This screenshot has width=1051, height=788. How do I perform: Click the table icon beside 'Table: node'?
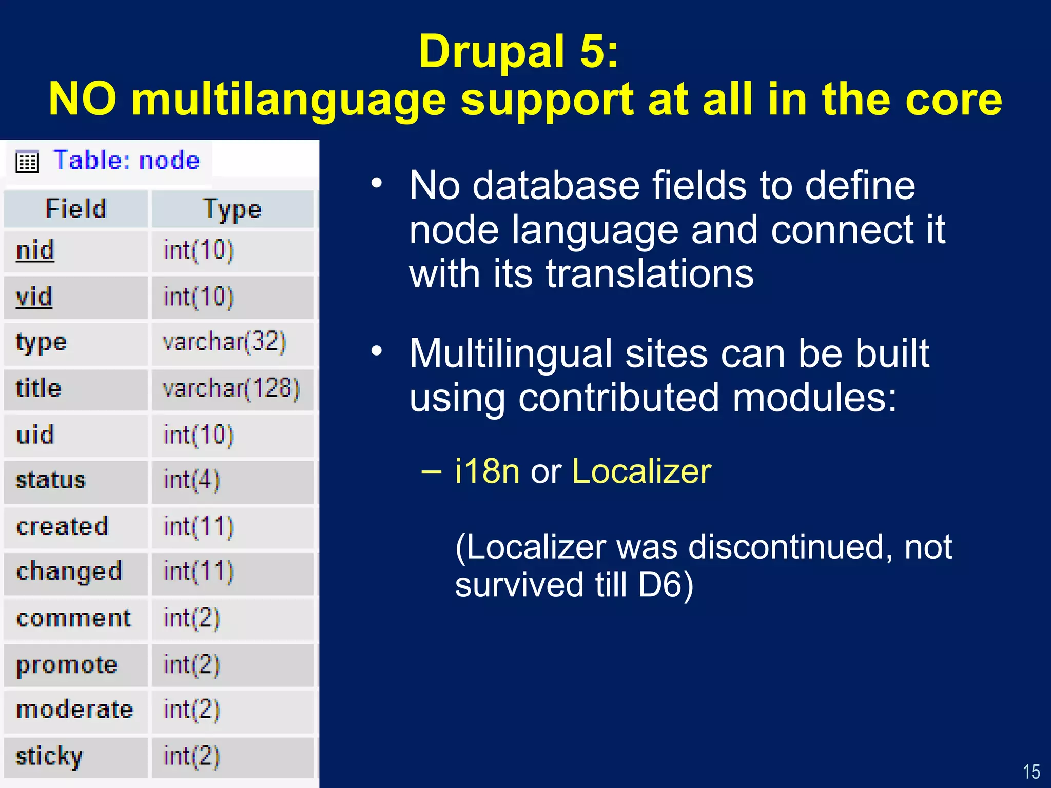(x=27, y=162)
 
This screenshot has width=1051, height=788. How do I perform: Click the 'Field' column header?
(x=76, y=209)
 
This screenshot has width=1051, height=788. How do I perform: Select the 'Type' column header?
(x=232, y=209)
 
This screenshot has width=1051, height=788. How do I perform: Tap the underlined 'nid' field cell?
(x=35, y=251)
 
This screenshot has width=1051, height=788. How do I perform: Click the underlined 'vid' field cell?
(x=34, y=297)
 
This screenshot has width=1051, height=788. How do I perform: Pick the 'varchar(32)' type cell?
(x=224, y=342)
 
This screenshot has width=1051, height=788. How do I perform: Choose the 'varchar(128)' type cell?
(x=231, y=388)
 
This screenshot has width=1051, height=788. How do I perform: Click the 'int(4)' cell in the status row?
(x=191, y=481)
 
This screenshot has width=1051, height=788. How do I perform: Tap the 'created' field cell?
(x=63, y=527)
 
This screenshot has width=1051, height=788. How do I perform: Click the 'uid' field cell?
(x=35, y=435)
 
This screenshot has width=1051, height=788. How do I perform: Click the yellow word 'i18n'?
(x=487, y=471)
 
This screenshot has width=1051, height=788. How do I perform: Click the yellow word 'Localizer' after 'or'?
(x=641, y=471)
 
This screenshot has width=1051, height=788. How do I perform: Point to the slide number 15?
(x=1031, y=772)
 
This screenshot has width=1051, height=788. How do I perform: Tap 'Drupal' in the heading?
(x=492, y=51)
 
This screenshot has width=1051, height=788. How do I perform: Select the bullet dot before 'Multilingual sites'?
(x=377, y=351)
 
